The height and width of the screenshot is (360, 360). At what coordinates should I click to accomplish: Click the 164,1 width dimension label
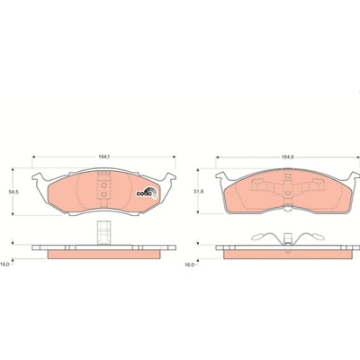[x=103, y=157]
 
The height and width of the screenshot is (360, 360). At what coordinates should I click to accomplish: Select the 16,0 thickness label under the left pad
[x=4, y=265]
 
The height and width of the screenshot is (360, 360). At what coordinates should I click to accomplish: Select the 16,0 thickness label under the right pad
[x=190, y=265]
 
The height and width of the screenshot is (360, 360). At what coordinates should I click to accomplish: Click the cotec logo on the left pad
[x=147, y=193]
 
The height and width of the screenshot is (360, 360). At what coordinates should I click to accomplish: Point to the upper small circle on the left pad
[x=103, y=184]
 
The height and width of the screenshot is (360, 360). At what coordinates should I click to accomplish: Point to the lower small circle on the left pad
[x=103, y=194]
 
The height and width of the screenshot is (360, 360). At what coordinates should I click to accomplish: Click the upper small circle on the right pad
[x=288, y=175]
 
